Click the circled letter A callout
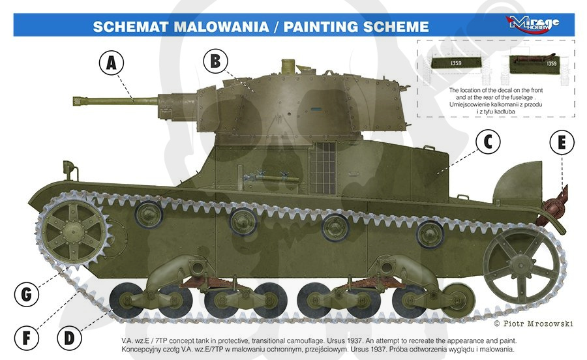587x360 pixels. pos(111,63)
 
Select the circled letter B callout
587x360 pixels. pos(216,61)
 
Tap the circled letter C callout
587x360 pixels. pos(488,142)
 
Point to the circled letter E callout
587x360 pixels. pos(562,142)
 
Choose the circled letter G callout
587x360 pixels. pos(27,295)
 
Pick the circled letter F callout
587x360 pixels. pos(27,338)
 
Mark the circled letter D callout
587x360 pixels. pos(69,338)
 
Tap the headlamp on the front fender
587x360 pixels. pos(68,166)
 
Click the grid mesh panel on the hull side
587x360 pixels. pos(322,168)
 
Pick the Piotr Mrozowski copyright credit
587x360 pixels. pos(534,323)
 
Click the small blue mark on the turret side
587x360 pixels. pos(316,110)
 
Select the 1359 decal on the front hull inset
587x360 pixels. pos(456,63)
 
